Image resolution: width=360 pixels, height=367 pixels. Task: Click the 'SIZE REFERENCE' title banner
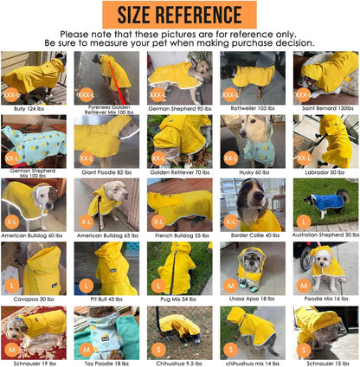coord(179,15)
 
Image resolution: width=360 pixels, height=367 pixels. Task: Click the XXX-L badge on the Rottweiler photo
coord(230,93)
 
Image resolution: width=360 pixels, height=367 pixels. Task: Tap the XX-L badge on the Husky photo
coord(230,158)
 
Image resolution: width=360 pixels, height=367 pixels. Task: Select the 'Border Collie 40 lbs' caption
coord(251,235)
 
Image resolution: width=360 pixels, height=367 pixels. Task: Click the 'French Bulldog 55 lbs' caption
coord(179,235)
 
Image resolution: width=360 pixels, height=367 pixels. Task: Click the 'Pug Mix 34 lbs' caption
coord(179,299)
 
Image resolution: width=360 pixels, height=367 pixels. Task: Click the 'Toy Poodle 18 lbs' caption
coord(106,362)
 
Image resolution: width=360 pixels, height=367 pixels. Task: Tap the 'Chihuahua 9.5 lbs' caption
coord(179,362)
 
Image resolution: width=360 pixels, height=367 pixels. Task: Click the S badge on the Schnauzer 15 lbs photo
coord(303,349)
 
